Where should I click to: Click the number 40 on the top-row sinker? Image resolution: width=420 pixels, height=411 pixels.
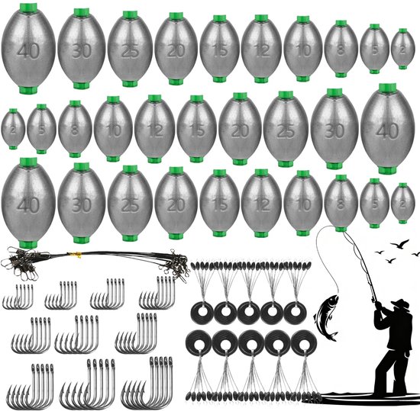tap(29, 51)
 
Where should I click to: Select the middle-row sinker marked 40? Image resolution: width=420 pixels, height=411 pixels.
tap(387, 129)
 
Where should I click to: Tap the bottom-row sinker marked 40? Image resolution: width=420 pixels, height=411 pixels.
tap(28, 204)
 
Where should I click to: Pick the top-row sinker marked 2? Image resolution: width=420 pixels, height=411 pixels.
tap(402, 49)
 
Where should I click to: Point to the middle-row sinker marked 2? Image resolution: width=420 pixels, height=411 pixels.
tap(13, 129)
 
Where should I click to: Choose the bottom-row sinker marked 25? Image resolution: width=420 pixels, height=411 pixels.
tap(130, 204)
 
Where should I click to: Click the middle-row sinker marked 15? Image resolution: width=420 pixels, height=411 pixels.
tap(197, 129)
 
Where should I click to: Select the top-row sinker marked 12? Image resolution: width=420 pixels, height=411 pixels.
tap(261, 49)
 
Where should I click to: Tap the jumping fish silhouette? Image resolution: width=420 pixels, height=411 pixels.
tap(326, 318)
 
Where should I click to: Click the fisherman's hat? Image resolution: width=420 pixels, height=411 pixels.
tap(401, 303)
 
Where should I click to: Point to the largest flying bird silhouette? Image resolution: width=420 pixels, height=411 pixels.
tap(399, 243)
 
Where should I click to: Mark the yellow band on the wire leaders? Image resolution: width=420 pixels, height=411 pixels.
tap(77, 254)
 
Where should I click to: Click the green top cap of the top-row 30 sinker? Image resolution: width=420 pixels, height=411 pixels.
tap(82, 13)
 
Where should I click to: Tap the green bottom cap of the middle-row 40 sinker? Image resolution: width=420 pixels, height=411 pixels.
tap(387, 170)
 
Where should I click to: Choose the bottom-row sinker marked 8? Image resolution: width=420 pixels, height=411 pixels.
tap(341, 204)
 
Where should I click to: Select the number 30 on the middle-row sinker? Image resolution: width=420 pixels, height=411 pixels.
tap(334, 131)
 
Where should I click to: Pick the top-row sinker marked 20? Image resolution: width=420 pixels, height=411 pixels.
tap(176, 49)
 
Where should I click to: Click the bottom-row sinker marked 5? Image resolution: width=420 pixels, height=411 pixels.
tap(374, 204)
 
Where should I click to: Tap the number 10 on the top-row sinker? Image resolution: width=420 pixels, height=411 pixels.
tap(304, 50)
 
